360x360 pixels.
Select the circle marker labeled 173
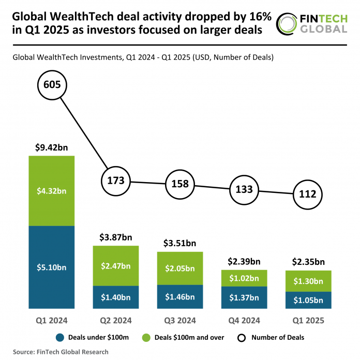coord(116,181)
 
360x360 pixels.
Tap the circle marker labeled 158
coord(180,185)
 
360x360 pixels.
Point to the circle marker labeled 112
coord(308,195)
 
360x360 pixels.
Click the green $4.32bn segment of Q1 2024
coord(52,190)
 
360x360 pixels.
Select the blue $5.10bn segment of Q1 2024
coord(52,267)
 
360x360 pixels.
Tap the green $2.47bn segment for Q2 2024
coord(116,266)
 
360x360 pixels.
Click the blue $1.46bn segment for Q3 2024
coord(180,297)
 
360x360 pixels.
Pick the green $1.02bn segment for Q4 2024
coord(244,278)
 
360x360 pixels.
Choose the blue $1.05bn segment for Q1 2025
coord(308,301)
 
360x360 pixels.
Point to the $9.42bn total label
coord(52,147)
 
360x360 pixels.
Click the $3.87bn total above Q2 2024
coord(116,237)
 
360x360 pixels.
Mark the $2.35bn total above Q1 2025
coord(308,261)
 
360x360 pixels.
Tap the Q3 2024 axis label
coord(180,321)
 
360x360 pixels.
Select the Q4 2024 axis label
coord(244,321)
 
